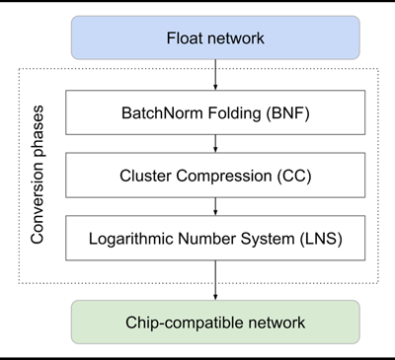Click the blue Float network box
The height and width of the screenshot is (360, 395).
click(x=215, y=39)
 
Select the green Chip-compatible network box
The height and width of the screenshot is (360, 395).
click(x=215, y=321)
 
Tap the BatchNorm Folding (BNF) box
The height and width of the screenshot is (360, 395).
click(x=215, y=113)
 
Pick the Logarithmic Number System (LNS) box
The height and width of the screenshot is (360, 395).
click(x=215, y=238)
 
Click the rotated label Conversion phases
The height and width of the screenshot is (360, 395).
click(x=40, y=177)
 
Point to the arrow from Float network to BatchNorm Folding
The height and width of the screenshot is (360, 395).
click(x=215, y=75)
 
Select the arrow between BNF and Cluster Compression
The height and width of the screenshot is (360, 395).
click(x=215, y=144)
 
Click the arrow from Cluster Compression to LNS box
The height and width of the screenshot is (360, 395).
click(x=215, y=206)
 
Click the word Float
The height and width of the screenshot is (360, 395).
click(x=184, y=39)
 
